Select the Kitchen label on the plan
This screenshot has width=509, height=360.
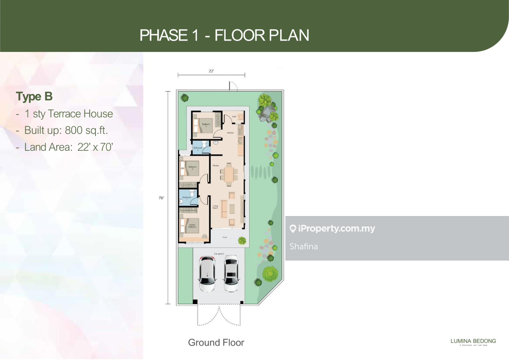pyautogui.click(x=231, y=133)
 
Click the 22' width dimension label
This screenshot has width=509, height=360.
pyautogui.click(x=211, y=71)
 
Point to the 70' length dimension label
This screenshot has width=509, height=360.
pyautogui.click(x=161, y=198)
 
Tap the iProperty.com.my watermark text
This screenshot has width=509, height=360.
pyautogui.click(x=332, y=228)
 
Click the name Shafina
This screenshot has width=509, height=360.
pyautogui.click(x=304, y=246)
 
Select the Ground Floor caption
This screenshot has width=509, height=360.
pyautogui.click(x=216, y=342)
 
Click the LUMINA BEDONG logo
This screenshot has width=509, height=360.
pyautogui.click(x=473, y=342)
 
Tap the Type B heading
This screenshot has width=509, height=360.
pyautogui.click(x=34, y=97)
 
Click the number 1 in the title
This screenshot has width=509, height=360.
pyautogui.click(x=195, y=35)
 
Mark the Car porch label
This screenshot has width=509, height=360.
pyautogui.click(x=219, y=254)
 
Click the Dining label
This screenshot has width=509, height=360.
pyautogui.click(x=216, y=165)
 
